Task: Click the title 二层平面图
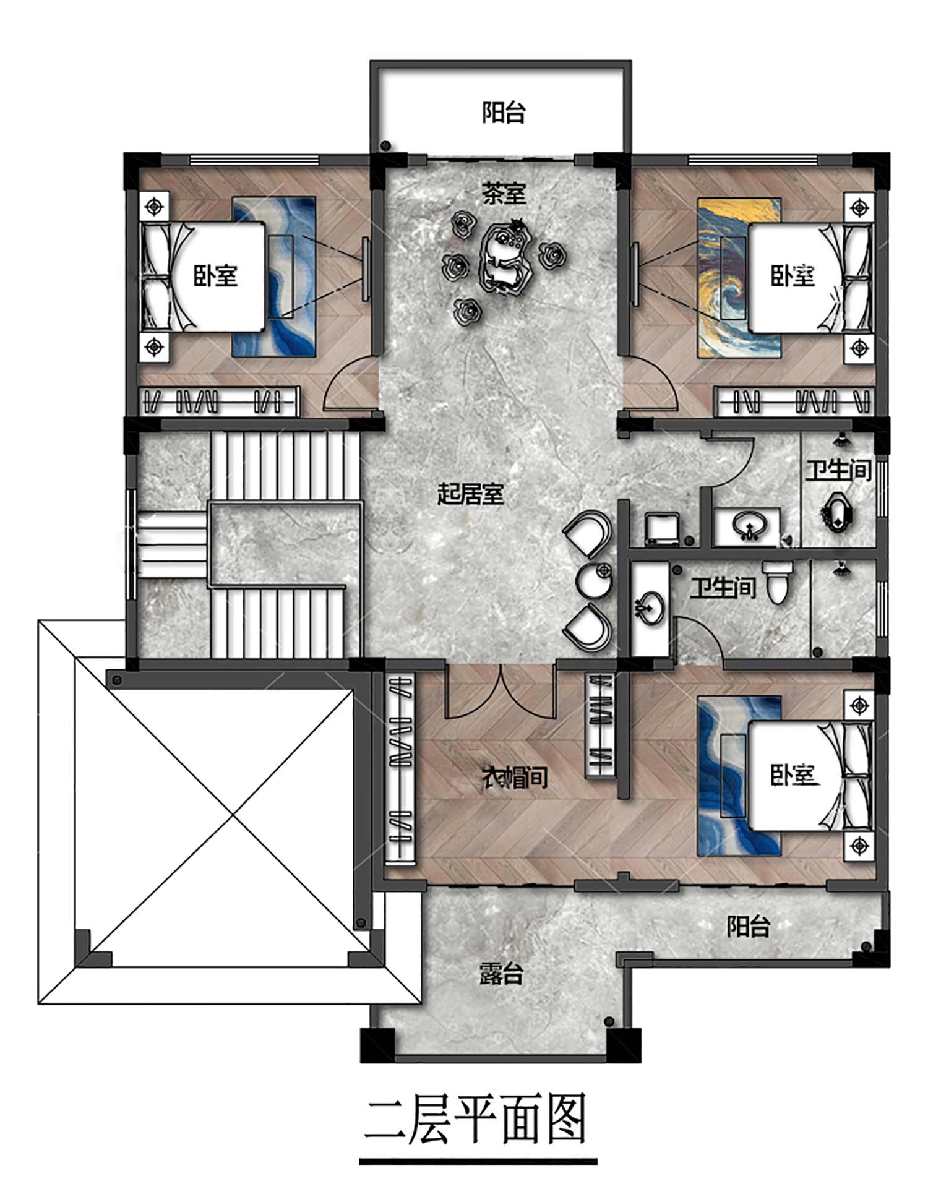(x=475, y=1120)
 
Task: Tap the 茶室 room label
(x=504, y=194)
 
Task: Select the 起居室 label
(x=471, y=494)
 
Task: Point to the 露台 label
(x=501, y=973)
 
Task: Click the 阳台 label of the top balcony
(x=504, y=113)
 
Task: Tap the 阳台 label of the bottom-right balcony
(x=748, y=927)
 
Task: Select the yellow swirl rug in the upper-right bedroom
(x=739, y=277)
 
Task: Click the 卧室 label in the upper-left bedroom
(x=216, y=275)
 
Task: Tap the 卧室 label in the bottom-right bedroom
(x=794, y=774)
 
